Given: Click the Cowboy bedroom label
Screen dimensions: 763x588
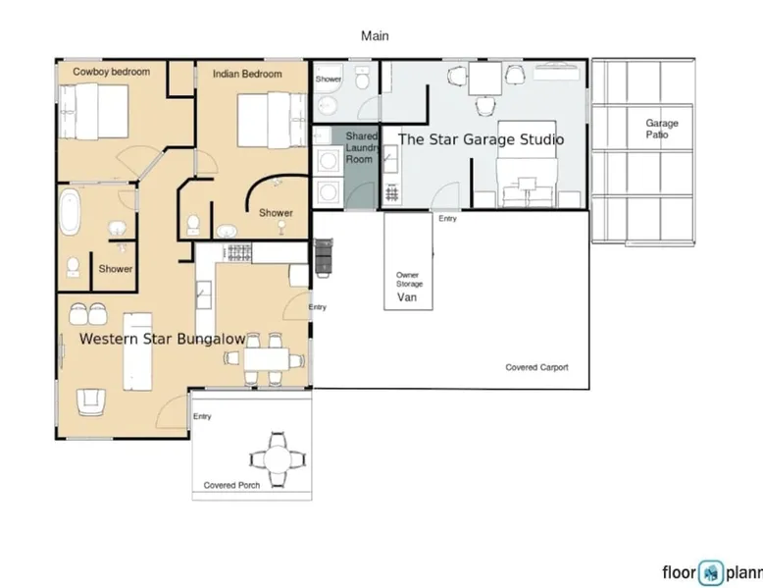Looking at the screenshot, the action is (112, 72).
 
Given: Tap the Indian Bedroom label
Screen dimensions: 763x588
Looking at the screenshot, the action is (247, 74).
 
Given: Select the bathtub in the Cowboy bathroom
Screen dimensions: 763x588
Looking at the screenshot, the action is (70, 212).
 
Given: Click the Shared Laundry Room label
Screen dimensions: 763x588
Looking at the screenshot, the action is (362, 147).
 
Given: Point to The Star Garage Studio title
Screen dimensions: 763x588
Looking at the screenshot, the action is (482, 139).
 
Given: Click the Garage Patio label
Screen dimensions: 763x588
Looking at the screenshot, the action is (661, 129).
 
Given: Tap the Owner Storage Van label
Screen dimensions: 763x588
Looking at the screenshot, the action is (408, 287).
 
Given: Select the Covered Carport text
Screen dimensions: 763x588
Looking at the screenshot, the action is (536, 367).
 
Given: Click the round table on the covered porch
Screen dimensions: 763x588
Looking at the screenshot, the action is (278, 458).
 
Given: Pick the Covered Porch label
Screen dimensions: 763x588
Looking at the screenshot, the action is (231, 485).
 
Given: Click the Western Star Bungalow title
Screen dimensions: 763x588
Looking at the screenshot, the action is (162, 339).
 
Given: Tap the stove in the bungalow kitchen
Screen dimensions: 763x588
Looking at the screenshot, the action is (239, 253).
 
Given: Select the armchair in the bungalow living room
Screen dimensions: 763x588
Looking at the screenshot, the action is (91, 402).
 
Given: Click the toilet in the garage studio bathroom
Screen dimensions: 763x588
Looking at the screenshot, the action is (361, 78).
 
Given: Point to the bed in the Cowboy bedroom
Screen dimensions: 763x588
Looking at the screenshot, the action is (94, 112).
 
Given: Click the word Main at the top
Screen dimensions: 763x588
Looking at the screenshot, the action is (375, 35).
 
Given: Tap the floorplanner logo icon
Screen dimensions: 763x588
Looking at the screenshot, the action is (711, 572).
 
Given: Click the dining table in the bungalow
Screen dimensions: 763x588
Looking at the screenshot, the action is (266, 359).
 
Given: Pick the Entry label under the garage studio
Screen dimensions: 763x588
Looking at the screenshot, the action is (447, 218).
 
